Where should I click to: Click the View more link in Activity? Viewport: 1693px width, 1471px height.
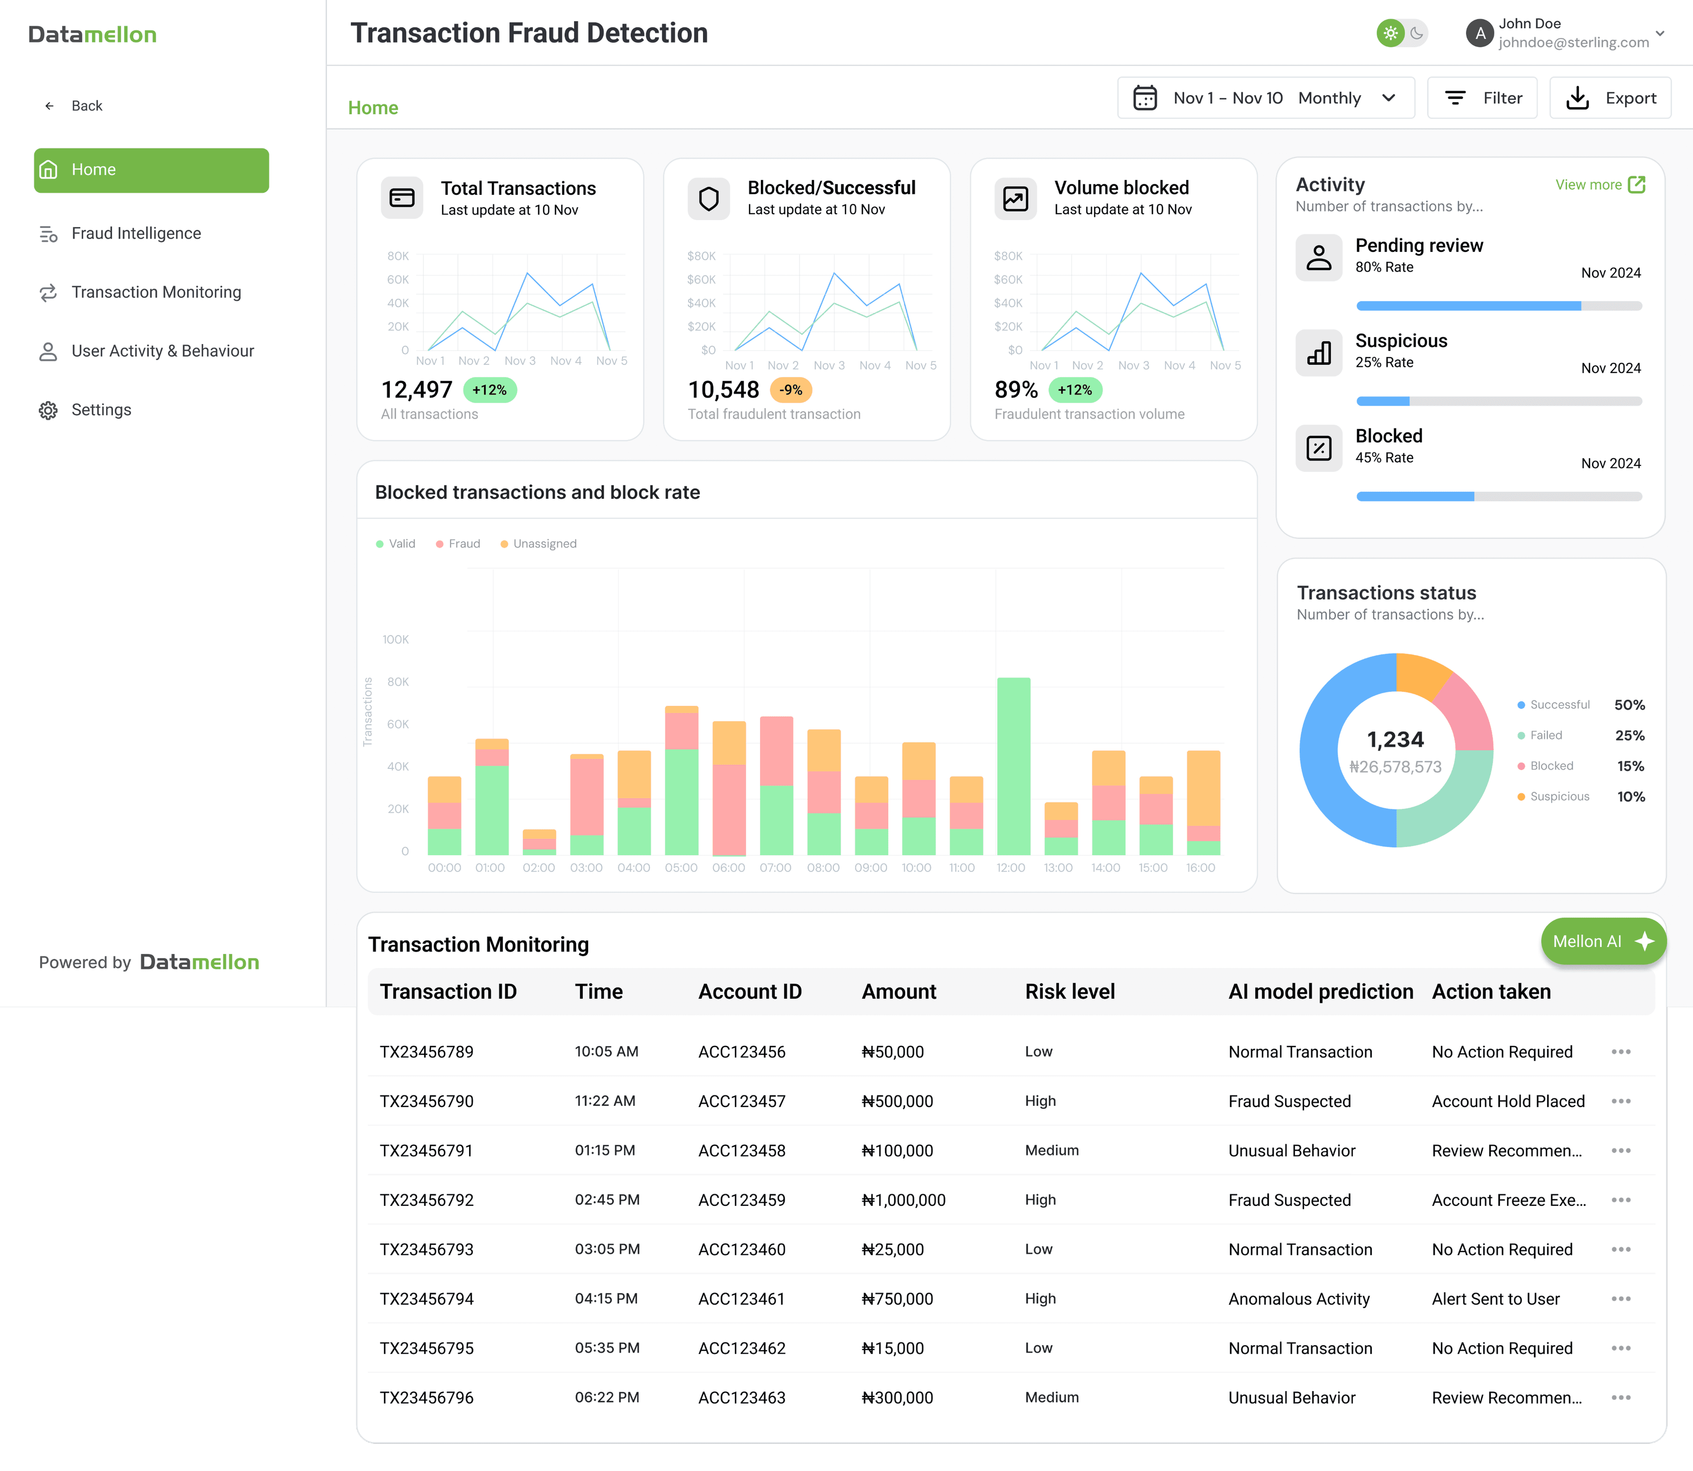pyautogui.click(x=1599, y=185)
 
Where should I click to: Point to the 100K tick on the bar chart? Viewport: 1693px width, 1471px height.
pyautogui.click(x=395, y=640)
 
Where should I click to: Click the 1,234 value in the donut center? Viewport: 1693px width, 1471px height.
pyautogui.click(x=1395, y=740)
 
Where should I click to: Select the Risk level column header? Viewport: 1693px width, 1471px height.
pyautogui.click(x=1069, y=992)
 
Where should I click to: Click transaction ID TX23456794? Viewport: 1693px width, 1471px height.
pyautogui.click(x=427, y=1299)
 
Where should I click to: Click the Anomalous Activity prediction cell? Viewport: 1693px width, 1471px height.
pyautogui.click(x=1298, y=1299)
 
